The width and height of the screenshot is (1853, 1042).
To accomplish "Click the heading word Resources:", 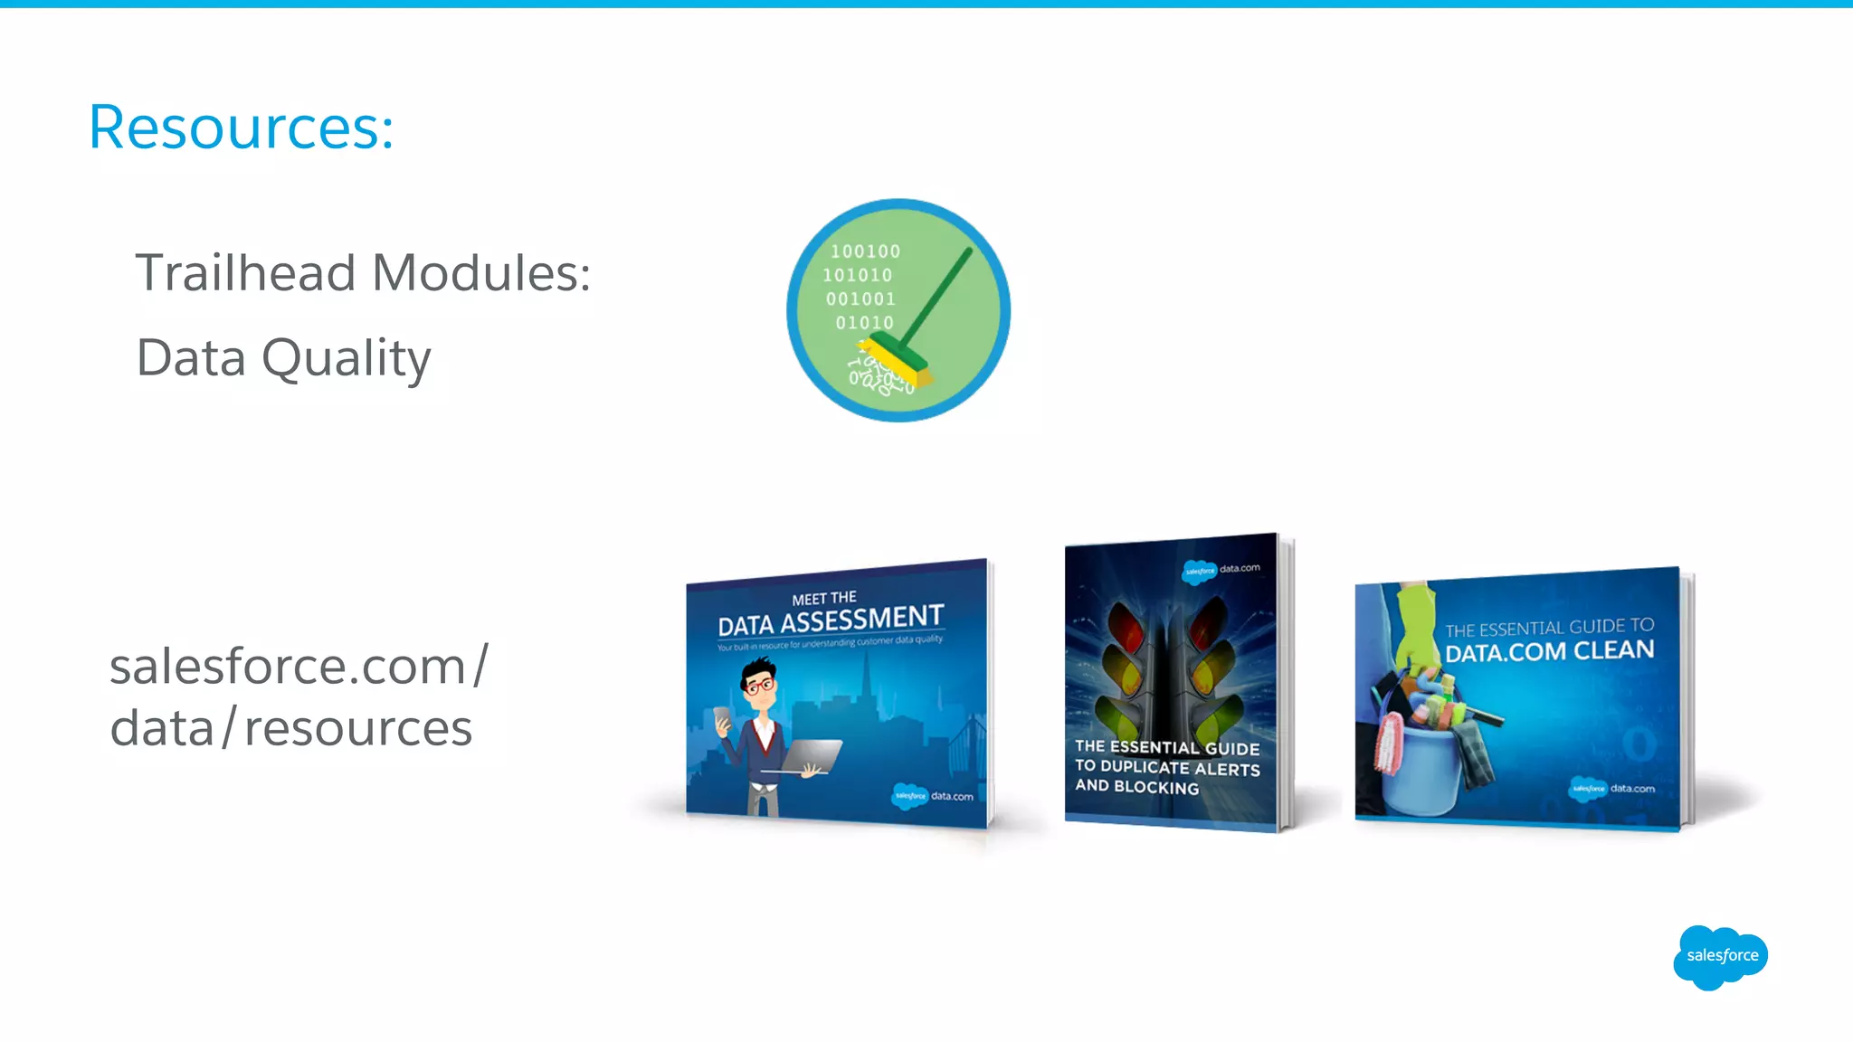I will pos(241,128).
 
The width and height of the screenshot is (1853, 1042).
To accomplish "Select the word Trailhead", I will pos(245,272).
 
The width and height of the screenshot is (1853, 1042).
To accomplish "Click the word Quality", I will pos(346,358).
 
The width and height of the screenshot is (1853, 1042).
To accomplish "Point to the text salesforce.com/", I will pos(299,667).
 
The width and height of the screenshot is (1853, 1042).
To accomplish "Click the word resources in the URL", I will pos(358,728).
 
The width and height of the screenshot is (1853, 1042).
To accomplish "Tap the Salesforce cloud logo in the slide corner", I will pos(1720,956).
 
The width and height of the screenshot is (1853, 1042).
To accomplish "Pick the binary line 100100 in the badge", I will pos(865,251).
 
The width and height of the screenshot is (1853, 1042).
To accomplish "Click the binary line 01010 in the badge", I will pos(864,322).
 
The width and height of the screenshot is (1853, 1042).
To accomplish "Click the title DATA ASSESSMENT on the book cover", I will pos(831,621).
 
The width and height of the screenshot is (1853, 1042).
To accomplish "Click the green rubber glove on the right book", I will pos(1416,624).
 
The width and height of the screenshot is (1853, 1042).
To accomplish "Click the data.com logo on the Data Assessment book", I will pos(933,796).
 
